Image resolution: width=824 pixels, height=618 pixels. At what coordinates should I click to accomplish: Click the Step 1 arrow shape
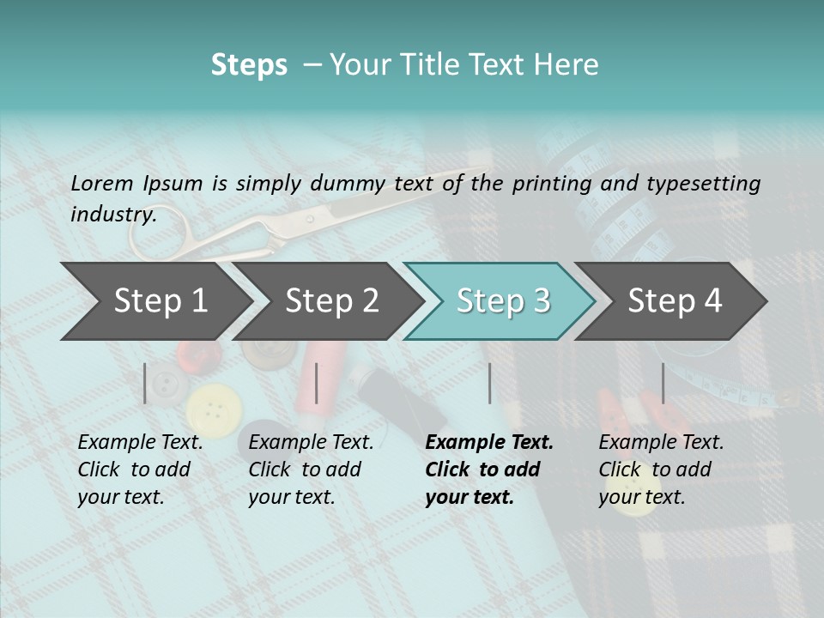point(159,301)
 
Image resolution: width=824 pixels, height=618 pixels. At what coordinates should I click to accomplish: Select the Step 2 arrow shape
point(330,301)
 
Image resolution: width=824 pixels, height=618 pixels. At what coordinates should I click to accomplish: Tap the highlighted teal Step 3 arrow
point(502,301)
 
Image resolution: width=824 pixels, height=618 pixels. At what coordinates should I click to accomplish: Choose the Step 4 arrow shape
point(674,301)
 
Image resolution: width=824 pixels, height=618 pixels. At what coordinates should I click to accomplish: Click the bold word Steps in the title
point(249,65)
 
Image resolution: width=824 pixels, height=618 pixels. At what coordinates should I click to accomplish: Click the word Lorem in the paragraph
point(100,183)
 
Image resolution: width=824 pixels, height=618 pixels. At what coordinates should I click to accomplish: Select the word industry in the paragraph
point(112,214)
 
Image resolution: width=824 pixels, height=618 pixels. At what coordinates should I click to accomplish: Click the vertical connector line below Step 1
point(145,383)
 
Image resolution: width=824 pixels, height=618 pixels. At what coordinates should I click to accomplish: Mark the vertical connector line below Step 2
point(317,383)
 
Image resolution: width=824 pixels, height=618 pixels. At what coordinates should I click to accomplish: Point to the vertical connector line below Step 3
point(489,383)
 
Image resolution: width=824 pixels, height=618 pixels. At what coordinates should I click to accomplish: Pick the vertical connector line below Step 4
point(663,383)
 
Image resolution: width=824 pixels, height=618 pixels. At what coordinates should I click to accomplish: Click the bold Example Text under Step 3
point(489,443)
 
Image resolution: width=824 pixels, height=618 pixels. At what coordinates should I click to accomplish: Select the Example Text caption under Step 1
point(140,443)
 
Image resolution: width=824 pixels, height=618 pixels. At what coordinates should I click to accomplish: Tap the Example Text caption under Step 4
point(661,443)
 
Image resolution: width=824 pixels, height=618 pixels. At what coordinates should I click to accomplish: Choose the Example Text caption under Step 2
point(311,443)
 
